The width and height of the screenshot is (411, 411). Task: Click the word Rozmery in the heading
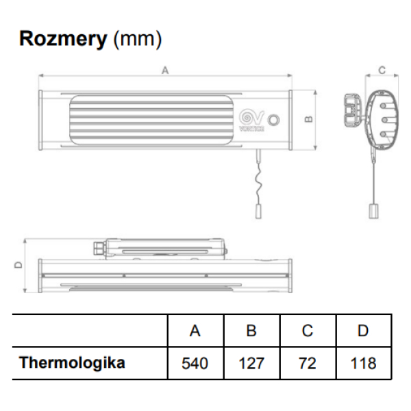tap(63, 38)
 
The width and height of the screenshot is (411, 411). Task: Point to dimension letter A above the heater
tap(164, 70)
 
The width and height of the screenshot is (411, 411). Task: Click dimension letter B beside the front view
tap(309, 119)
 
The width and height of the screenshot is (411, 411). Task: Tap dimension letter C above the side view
tap(382, 70)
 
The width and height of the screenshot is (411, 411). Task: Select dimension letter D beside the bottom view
tap(18, 264)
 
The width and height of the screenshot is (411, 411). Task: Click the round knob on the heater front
tap(274, 119)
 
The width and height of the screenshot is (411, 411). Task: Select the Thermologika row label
tap(72, 362)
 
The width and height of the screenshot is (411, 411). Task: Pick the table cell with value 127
tap(251, 362)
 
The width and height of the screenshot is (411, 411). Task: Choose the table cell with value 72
tap(307, 362)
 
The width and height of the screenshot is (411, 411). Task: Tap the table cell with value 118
tap(363, 362)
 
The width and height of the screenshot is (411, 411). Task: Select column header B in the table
tap(251, 331)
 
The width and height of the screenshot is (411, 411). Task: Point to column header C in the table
tap(307, 331)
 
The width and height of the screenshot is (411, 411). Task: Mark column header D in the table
tap(363, 331)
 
